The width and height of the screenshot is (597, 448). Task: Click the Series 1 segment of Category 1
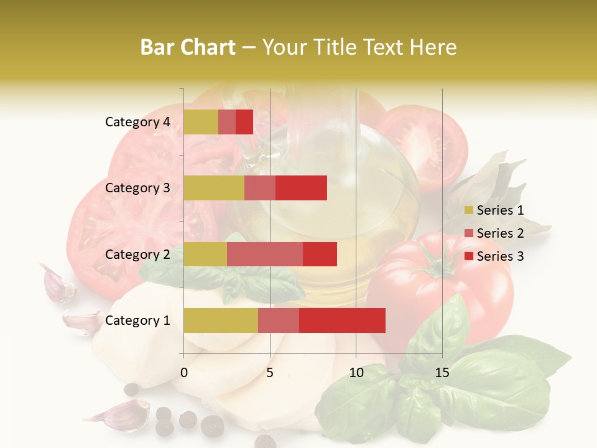(x=221, y=320)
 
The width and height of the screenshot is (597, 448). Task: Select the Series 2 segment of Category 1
(x=279, y=320)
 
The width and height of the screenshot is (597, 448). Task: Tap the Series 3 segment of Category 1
(x=342, y=320)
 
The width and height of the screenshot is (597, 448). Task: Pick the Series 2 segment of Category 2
(x=265, y=254)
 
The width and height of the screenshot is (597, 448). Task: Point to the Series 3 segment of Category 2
(x=320, y=254)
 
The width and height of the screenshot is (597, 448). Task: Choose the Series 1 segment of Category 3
(x=214, y=188)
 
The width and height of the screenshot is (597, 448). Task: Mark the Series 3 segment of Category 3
(x=301, y=188)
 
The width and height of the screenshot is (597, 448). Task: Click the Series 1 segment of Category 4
(x=201, y=122)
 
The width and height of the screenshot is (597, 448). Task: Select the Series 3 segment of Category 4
(x=244, y=122)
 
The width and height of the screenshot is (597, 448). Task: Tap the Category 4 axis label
(x=137, y=122)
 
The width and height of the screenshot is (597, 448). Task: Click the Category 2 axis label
(x=137, y=254)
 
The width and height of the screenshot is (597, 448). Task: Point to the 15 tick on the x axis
(x=442, y=373)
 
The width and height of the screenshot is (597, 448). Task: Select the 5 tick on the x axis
(x=270, y=373)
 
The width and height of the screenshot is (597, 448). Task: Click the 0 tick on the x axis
(x=184, y=373)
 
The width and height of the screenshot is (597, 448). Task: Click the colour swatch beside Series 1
(x=468, y=210)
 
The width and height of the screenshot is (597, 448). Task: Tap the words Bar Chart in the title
(x=188, y=47)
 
